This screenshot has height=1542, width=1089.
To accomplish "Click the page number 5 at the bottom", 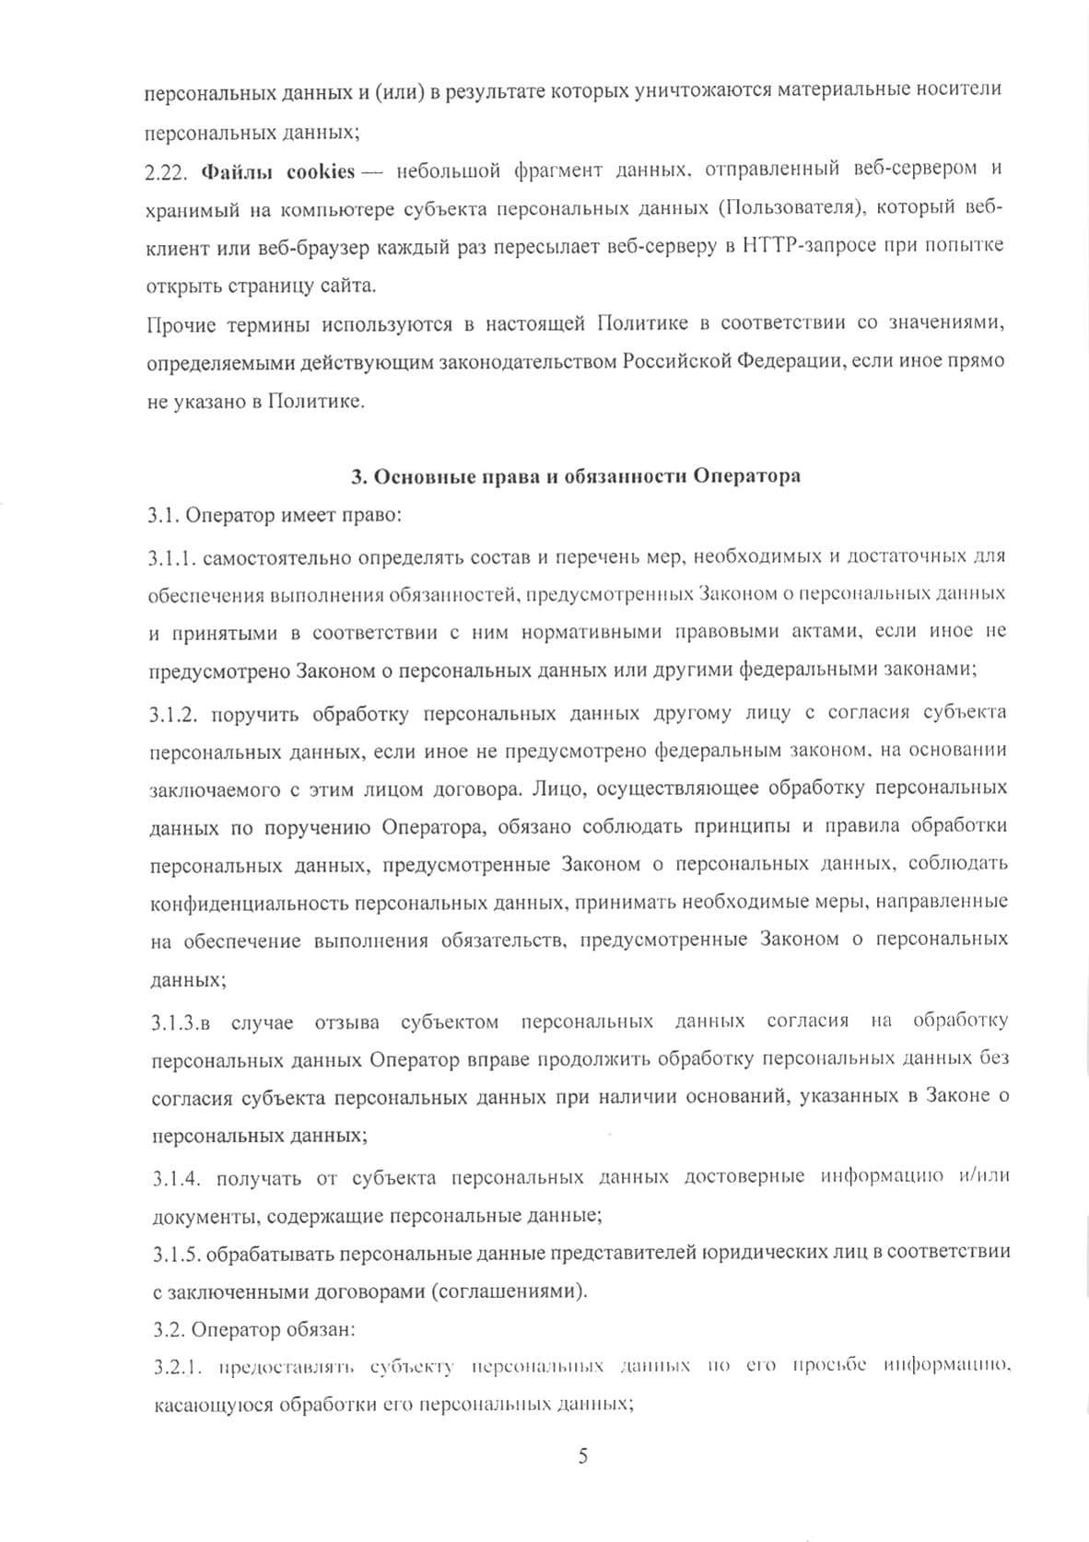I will (581, 1455).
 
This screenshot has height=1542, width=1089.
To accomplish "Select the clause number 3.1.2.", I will (172, 712).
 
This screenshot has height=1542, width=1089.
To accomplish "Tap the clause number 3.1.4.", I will (172, 1176).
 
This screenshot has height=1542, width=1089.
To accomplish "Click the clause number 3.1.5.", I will (172, 1253).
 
